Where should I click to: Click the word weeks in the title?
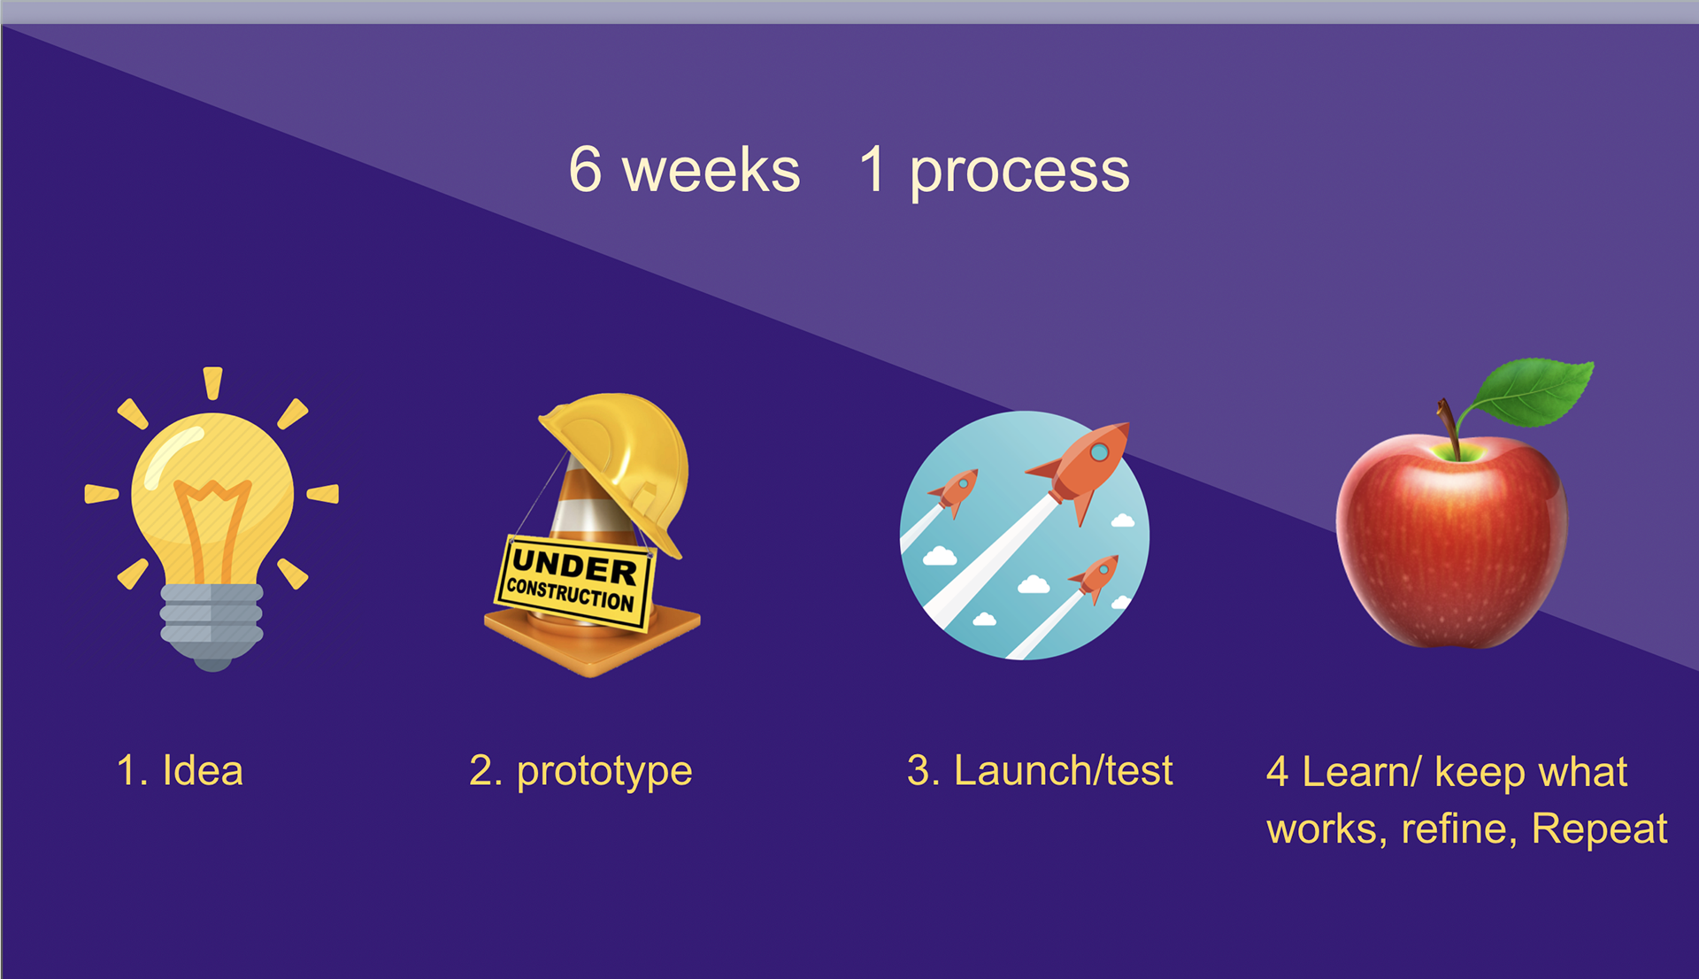click(x=711, y=170)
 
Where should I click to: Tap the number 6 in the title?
click(x=585, y=169)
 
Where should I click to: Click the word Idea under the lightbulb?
click(x=203, y=770)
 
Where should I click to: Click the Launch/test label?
click(x=1063, y=770)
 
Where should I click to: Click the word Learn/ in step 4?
click(x=1361, y=771)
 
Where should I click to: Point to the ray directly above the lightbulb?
click(x=212, y=383)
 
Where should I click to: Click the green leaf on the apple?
click(x=1529, y=392)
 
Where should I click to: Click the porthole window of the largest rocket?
click(x=1099, y=452)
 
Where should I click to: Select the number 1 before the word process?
click(x=873, y=169)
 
